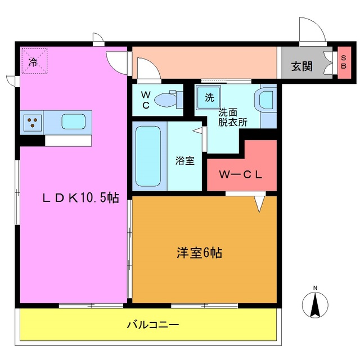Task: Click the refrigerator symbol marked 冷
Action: [34, 61]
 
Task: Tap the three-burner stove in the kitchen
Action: [33, 122]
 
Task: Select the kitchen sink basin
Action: [74, 121]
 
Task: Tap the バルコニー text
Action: [152, 325]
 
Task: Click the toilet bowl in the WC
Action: [166, 100]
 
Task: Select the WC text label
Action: [145, 99]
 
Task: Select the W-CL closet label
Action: [241, 174]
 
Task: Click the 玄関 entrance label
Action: [301, 66]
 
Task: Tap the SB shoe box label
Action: [343, 62]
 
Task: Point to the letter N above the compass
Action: [315, 289]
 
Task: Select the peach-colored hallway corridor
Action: [205, 62]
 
